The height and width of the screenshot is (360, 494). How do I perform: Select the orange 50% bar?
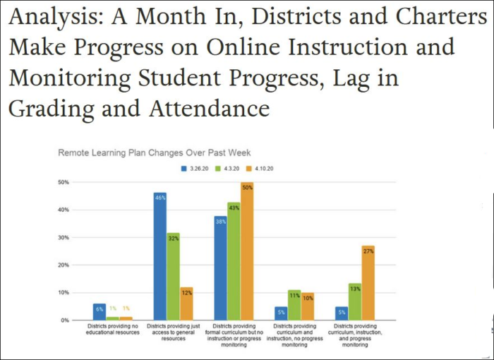[x=247, y=251]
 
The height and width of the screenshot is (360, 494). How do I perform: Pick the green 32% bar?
[x=174, y=276]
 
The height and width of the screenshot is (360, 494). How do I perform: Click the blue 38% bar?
[x=220, y=268]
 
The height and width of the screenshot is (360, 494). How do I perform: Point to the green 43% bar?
[x=234, y=261]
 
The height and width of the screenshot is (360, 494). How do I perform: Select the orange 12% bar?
[x=186, y=304]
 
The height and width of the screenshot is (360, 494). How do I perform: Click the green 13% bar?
[x=354, y=301]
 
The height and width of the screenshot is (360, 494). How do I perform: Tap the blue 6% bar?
[x=100, y=311]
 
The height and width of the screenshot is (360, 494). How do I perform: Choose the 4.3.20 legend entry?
[x=230, y=169]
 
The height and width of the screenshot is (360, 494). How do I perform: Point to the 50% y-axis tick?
[x=64, y=183]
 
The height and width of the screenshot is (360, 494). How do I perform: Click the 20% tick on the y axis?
[x=64, y=265]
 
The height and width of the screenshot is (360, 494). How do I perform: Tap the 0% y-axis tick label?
[x=65, y=320]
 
